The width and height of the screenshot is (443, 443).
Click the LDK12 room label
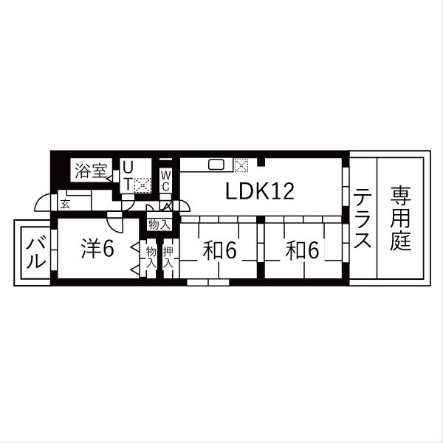point(260,191)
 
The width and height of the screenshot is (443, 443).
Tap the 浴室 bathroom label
point(91,171)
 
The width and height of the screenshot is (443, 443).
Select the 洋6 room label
point(97,249)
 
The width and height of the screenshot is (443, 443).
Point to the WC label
point(166,181)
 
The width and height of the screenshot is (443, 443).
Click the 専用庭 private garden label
point(400,218)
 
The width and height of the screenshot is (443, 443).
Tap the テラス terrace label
point(363,218)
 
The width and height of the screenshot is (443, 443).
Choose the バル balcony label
point(36,253)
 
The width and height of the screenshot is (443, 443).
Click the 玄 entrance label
point(65,204)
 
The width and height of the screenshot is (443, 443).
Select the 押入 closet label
point(168,257)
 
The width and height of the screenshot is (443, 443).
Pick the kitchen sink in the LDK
point(216,165)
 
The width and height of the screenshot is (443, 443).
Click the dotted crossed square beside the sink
point(241,165)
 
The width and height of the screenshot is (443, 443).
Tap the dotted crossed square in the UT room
point(142,185)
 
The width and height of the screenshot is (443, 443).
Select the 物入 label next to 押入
point(151,257)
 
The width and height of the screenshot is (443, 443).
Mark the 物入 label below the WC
point(159,224)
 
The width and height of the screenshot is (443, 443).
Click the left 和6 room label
point(219,250)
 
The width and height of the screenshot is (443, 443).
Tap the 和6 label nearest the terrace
point(302,250)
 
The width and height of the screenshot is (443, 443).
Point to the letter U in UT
point(128,168)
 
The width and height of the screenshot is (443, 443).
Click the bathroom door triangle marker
point(109,178)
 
